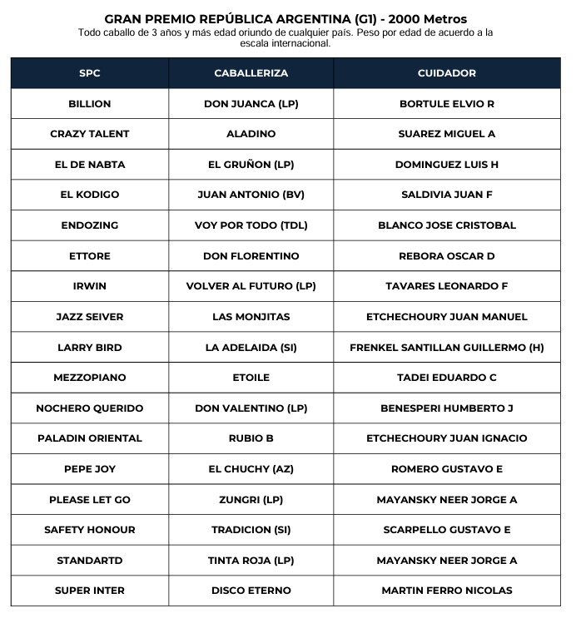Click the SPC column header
(x=90, y=73)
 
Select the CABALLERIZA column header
(x=251, y=73)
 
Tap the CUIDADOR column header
(x=446, y=73)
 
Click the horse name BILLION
(x=90, y=104)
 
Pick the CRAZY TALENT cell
(x=90, y=134)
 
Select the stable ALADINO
(x=251, y=134)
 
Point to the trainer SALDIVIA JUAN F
(x=446, y=195)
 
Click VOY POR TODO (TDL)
(x=251, y=225)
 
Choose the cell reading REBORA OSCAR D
(x=446, y=255)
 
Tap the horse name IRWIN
(x=90, y=286)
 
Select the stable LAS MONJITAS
(x=251, y=317)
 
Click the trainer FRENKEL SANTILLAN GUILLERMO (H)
(x=446, y=347)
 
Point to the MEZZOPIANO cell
(x=90, y=378)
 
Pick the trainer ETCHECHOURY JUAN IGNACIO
(x=446, y=438)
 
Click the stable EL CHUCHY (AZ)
(x=251, y=469)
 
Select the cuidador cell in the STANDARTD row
(x=446, y=561)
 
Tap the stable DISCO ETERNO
(x=251, y=591)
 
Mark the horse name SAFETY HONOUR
(x=90, y=530)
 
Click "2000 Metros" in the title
(x=426, y=18)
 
